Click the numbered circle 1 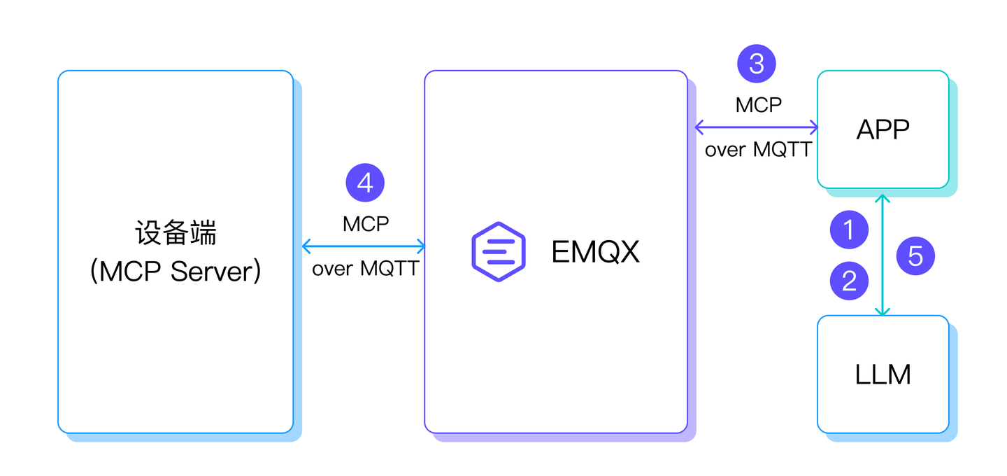(849, 230)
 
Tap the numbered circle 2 (849, 281)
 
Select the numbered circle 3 (757, 64)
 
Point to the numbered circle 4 (365, 183)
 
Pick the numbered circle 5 (915, 255)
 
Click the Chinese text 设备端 (176, 232)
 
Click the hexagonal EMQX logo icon (498, 252)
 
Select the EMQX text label (595, 252)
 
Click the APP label (883, 129)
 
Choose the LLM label (883, 375)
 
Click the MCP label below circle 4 (365, 224)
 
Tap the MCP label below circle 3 (758, 105)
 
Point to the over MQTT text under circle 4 (365, 269)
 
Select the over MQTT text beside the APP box (758, 150)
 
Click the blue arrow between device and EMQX (364, 246)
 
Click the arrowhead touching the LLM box (883, 311)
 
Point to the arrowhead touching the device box (306, 246)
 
